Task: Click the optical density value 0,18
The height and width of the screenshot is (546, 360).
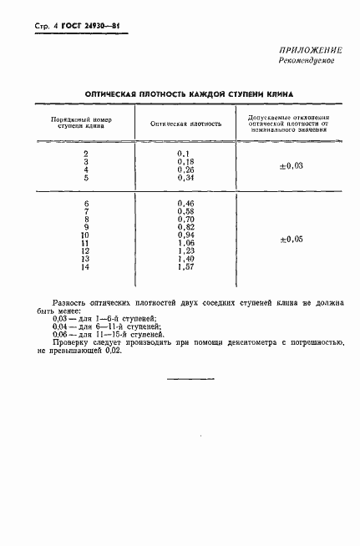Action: [x=185, y=161]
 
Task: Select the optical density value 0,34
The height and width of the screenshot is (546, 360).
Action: [x=185, y=177]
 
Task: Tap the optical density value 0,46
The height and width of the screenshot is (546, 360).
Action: [x=185, y=204]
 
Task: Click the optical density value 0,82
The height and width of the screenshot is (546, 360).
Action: [x=185, y=227]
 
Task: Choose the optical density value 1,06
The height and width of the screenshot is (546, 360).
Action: [x=185, y=243]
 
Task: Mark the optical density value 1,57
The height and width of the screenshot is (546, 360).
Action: [x=185, y=266]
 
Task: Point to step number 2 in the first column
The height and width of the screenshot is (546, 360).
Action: [x=86, y=154]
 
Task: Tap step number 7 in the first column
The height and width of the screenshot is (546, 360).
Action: [x=86, y=212]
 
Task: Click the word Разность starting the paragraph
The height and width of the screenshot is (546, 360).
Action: [x=69, y=300]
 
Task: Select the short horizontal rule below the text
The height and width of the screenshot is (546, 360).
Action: [x=186, y=380]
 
